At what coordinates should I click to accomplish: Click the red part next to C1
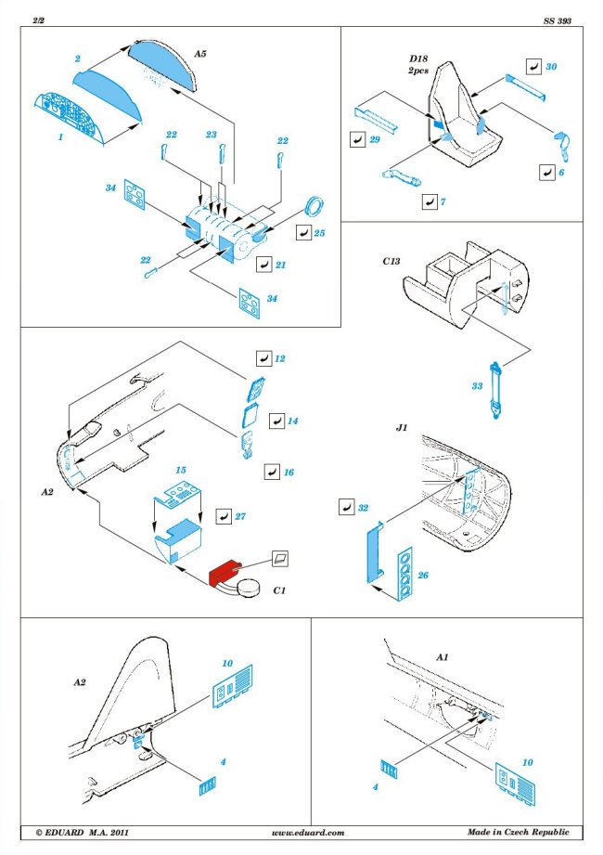coord(227,576)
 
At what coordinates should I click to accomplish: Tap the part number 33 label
coord(478,386)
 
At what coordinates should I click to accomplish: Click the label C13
coord(391,263)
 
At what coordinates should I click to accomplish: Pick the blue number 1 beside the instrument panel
coord(59,137)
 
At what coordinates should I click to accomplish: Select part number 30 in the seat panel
coord(552,68)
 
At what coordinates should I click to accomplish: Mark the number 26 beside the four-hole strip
coord(422,576)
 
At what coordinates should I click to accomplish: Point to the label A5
coord(200,55)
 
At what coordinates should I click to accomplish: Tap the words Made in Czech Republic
coord(520,833)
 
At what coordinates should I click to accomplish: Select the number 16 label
coord(289,473)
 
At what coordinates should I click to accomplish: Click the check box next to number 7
coord(428,201)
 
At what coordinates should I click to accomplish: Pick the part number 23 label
coord(212,135)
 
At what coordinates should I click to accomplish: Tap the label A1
coord(443,657)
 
